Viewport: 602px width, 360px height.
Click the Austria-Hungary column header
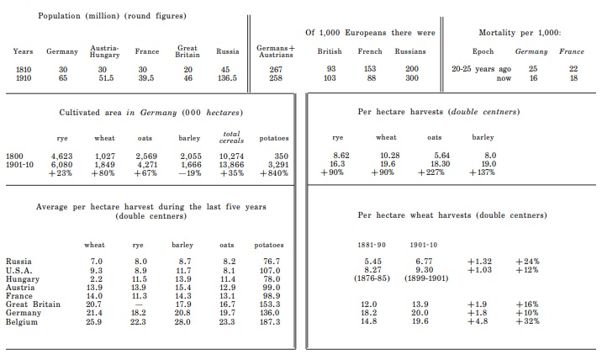pos(103,51)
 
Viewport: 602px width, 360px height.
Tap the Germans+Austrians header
pos(275,51)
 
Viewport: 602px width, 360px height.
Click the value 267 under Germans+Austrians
pos(275,69)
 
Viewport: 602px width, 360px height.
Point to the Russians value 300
pos(411,77)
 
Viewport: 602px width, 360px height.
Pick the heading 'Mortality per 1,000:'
pos(518,32)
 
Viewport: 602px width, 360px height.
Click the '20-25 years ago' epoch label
pos(481,69)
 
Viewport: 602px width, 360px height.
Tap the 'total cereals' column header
pos(230,136)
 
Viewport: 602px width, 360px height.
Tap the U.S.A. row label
pos(19,269)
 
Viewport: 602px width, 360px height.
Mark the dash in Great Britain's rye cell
pos(140,304)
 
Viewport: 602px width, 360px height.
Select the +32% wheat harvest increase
pos(527,320)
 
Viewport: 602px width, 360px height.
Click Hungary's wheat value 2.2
pos(96,278)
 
